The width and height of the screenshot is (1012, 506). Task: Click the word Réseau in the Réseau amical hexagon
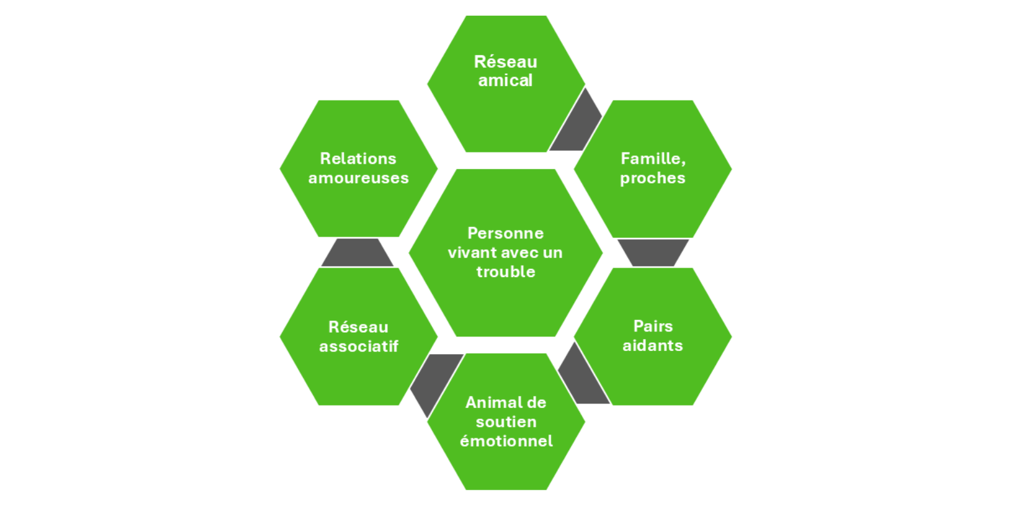click(505, 62)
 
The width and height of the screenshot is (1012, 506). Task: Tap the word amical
click(505, 81)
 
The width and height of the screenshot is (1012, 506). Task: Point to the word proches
click(652, 178)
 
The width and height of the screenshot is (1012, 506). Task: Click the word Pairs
click(653, 326)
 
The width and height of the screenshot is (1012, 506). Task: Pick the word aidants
click(653, 346)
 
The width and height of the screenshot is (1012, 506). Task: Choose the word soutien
click(506, 422)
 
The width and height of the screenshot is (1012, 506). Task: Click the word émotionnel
click(506, 441)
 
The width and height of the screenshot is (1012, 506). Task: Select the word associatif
click(359, 347)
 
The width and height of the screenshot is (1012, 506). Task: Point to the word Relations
click(358, 159)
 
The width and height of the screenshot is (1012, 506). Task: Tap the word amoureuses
click(359, 178)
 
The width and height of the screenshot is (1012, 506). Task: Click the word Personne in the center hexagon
click(505, 233)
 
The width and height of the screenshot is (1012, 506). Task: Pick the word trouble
click(505, 272)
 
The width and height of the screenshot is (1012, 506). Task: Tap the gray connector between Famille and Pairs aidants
click(653, 252)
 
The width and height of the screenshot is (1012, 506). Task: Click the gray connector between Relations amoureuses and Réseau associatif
click(357, 252)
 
